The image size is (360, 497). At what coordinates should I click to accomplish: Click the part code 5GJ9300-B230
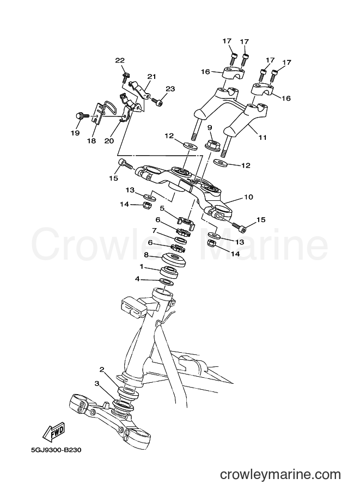pos(56,450)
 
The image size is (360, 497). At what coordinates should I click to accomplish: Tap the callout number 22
pos(120,60)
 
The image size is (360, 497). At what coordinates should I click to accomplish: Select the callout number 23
pos(170,89)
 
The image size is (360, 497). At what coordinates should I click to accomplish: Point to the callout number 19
pos(75,133)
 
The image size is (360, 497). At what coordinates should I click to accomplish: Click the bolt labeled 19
pos(80,116)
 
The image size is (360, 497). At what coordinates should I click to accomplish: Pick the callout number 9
pos(209,127)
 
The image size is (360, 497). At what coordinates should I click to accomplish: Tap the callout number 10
pos(248,197)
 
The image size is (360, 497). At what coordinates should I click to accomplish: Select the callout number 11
pos(263,138)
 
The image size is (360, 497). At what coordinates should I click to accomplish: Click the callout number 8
pos(147,255)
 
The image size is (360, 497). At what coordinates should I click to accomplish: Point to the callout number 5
pos(162,208)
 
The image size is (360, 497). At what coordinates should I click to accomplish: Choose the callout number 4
pos(137,279)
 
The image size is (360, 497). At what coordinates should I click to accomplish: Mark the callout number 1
pos(142,267)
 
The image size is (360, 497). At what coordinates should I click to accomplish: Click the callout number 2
pos(102,369)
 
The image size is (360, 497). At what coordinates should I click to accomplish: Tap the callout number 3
pos(97,384)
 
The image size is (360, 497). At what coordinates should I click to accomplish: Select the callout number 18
pos(91,140)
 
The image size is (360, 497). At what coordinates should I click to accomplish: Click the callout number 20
pos(109,140)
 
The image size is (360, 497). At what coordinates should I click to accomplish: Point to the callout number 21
pos(151,76)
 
